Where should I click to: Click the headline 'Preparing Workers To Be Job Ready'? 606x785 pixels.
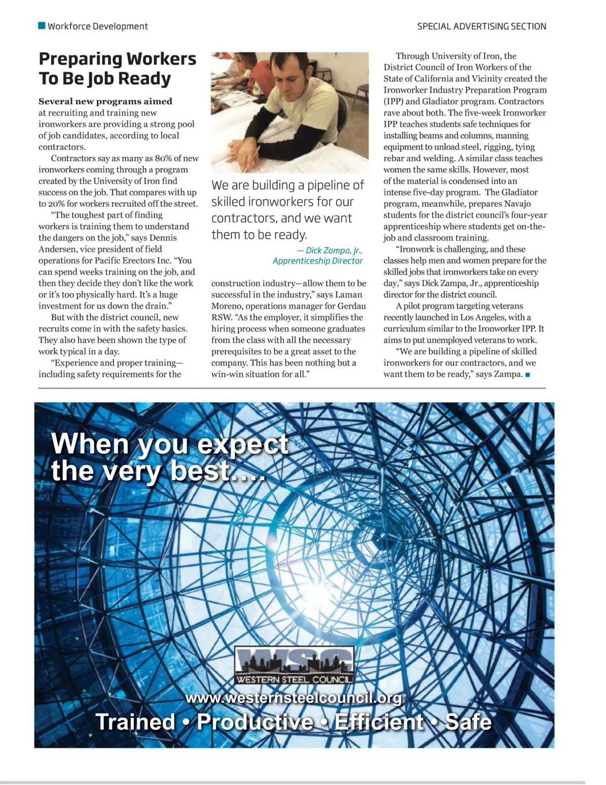[x=117, y=69]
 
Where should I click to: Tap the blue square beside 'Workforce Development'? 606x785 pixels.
[x=41, y=25]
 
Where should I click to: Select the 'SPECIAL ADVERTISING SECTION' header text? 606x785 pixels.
[x=481, y=26]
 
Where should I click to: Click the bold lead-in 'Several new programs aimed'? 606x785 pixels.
[x=105, y=101]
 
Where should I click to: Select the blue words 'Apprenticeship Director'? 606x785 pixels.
[x=317, y=261]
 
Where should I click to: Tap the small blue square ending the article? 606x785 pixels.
[x=527, y=374]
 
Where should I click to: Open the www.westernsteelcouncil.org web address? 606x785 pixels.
[x=294, y=698]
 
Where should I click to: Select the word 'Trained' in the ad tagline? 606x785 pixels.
[x=135, y=722]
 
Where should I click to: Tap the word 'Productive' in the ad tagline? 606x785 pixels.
[x=254, y=722]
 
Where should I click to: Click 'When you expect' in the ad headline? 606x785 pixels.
[x=169, y=444]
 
